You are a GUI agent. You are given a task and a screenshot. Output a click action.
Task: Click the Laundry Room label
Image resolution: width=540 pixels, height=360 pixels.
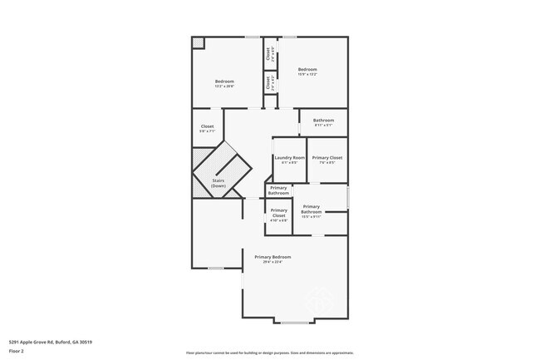(289, 158)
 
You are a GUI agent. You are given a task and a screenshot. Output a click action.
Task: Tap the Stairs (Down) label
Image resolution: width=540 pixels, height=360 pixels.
(218, 183)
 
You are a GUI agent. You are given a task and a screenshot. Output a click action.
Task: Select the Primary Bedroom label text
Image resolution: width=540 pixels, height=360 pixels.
(273, 257)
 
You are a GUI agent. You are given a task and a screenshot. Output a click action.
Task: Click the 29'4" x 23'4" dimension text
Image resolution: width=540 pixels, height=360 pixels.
(273, 263)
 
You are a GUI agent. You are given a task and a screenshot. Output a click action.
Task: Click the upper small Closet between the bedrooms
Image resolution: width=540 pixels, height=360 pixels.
(268, 54)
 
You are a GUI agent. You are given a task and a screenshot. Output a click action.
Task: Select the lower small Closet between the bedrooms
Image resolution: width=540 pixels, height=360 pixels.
(268, 83)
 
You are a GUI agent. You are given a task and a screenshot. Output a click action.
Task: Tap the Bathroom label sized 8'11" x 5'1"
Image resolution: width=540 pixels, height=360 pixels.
(323, 122)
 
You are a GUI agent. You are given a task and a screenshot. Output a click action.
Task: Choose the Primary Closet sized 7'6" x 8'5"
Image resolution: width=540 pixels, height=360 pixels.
(326, 159)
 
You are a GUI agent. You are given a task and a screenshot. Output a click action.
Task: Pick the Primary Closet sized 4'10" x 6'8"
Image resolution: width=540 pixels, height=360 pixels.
(278, 217)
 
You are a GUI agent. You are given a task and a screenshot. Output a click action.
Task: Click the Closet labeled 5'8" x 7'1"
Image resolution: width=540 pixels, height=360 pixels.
(207, 128)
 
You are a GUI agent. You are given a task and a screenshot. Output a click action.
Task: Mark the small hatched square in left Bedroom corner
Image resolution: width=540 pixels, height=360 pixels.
(198, 42)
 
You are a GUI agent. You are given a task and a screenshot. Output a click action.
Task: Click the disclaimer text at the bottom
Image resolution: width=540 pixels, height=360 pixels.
(269, 353)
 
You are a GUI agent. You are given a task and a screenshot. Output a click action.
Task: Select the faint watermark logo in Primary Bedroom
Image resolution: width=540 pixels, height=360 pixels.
(320, 296)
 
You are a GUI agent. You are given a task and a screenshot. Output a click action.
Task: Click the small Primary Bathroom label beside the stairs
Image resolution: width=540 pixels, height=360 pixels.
(278, 190)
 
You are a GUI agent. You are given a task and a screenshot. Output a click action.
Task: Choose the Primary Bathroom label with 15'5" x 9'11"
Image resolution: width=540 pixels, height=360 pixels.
(312, 209)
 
